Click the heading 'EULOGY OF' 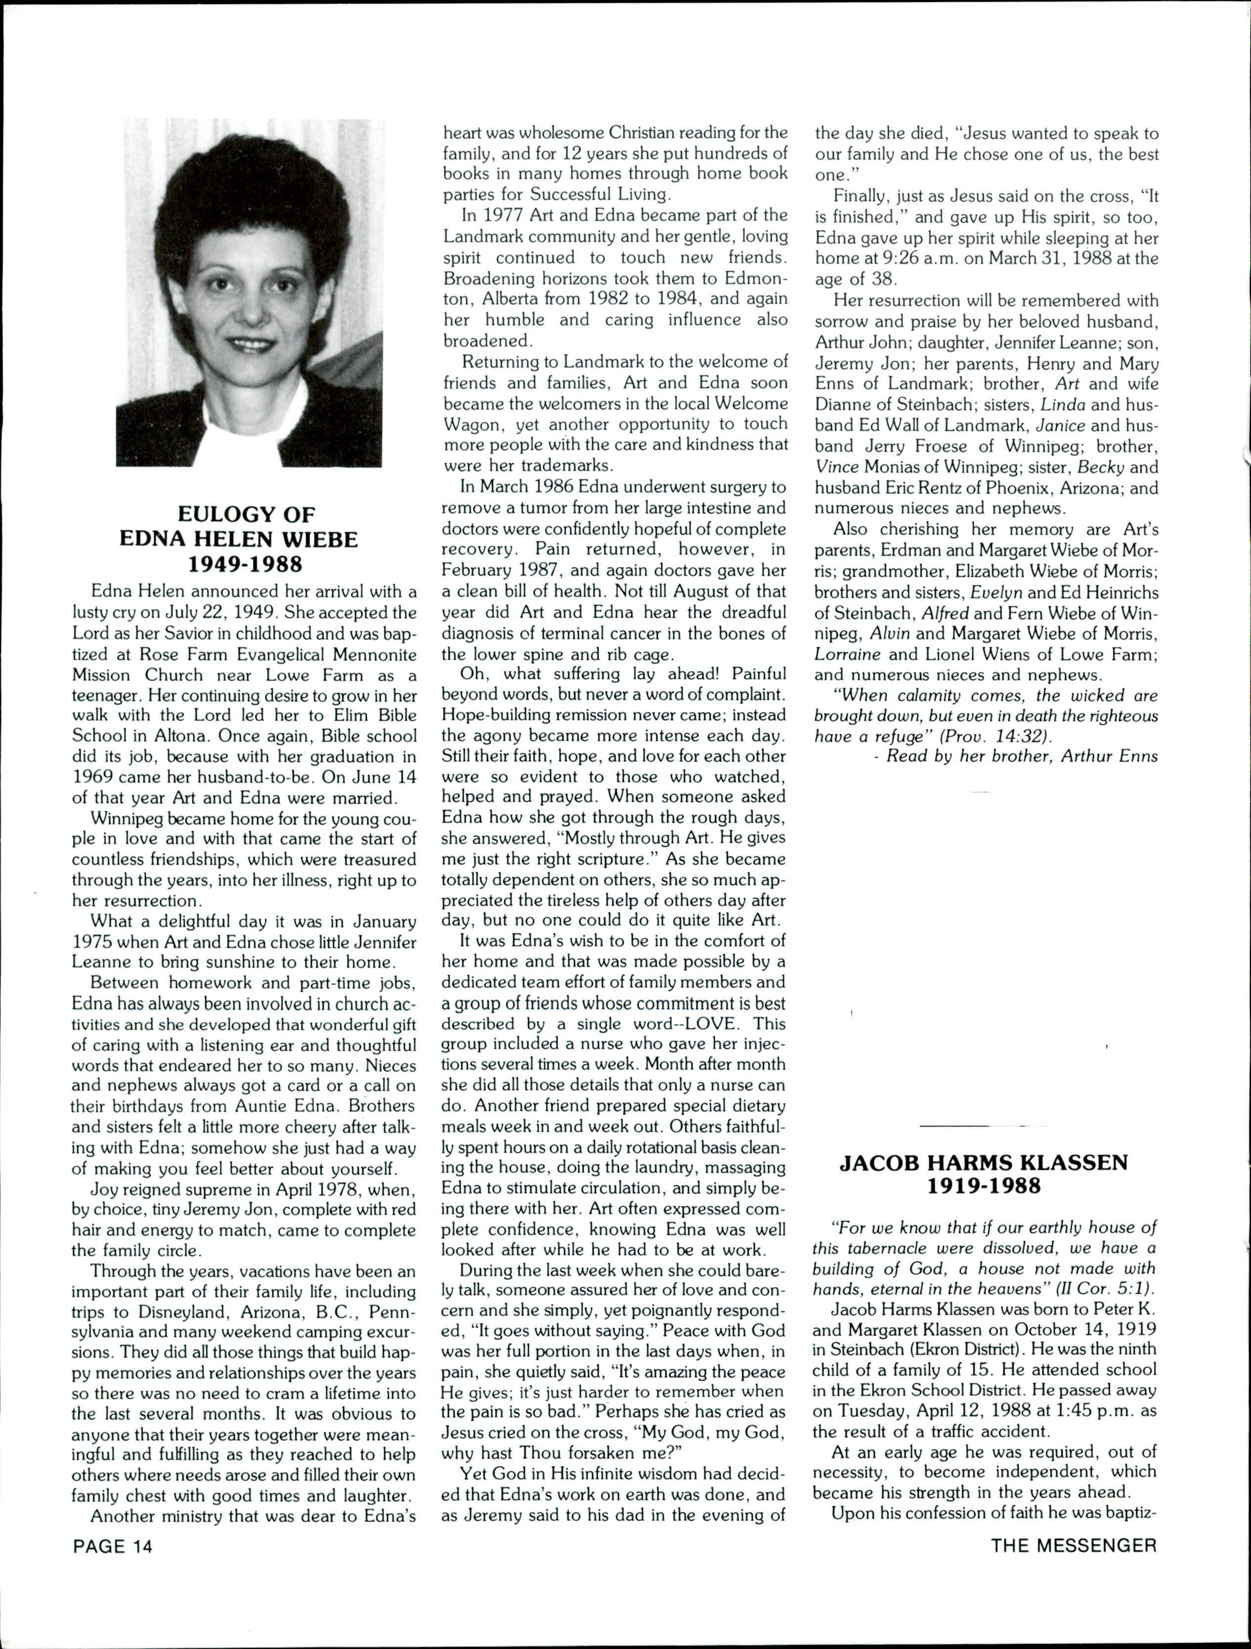pos(246,514)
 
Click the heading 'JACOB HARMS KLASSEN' pos(984,1163)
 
